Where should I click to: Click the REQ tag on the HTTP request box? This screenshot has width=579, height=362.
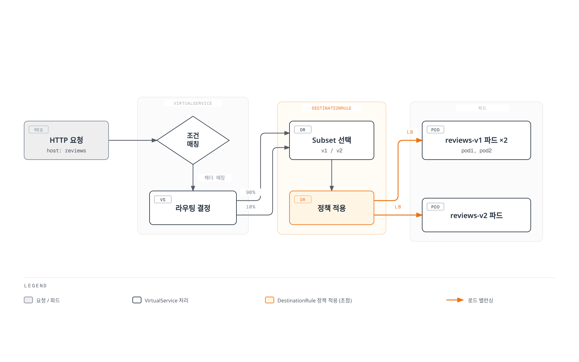[39, 130]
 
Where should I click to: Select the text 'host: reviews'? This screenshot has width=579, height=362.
[66, 151]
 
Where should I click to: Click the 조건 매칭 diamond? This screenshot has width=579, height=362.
[193, 140]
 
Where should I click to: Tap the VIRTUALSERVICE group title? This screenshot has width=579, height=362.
[193, 103]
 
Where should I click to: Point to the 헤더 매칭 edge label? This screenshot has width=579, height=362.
[214, 178]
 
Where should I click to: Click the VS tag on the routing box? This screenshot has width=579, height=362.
[163, 199]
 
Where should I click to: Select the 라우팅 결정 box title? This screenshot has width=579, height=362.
[193, 208]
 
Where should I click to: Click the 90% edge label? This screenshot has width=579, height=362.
[251, 192]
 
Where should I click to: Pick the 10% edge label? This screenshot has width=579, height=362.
[251, 207]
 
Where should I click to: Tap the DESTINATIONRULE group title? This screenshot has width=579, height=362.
[332, 108]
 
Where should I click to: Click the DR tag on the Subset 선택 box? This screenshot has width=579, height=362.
[303, 130]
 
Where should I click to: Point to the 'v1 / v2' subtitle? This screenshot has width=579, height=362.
[332, 151]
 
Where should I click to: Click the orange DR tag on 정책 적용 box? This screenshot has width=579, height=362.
[303, 199]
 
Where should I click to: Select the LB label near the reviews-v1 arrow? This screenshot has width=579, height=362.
[410, 132]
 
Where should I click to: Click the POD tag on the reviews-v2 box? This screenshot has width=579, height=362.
[435, 207]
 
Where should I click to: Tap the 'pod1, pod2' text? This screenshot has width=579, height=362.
[476, 151]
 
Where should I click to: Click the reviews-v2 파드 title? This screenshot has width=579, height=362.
[476, 216]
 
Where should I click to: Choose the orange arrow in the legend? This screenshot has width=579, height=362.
[455, 300]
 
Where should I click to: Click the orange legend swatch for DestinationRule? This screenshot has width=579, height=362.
[270, 300]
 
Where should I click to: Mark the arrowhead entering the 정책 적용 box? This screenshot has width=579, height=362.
[332, 189]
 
